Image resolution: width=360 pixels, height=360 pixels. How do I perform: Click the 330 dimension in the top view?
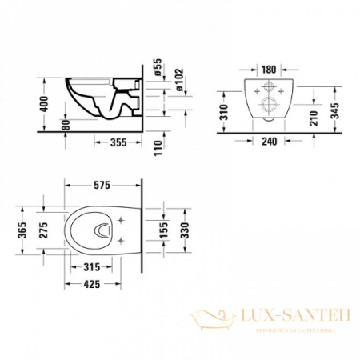tap(185, 231)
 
